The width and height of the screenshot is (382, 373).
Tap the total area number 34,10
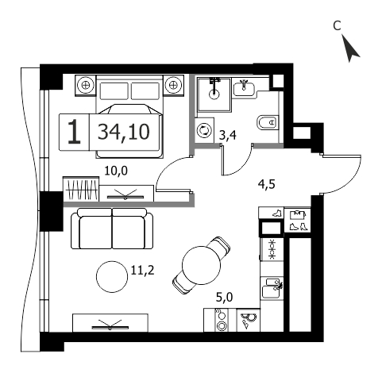pos(124,132)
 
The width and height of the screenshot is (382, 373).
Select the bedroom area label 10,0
pos(116,171)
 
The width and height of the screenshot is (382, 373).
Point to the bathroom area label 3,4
pos(228,135)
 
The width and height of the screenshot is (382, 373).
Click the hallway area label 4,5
pos(267,184)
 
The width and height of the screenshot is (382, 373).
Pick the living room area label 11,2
pos(142,271)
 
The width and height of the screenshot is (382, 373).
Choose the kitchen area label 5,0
pos(224,298)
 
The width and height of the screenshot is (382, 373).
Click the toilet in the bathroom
pos(268,123)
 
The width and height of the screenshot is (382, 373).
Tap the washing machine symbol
pos(205,131)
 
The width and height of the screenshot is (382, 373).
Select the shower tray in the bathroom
pos(214,94)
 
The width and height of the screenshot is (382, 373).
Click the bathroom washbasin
pos(244,88)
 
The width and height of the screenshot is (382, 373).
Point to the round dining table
pos(202,265)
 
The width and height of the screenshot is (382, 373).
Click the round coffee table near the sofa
pos(112,276)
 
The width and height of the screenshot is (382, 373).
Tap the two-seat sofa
pos(112,229)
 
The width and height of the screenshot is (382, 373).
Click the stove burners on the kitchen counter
pos(222,320)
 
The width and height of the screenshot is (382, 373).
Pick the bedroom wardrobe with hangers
pos(81,189)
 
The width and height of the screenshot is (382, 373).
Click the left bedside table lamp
pos(85,85)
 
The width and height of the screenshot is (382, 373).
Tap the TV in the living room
pos(110,325)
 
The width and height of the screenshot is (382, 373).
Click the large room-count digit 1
pos(74,132)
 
